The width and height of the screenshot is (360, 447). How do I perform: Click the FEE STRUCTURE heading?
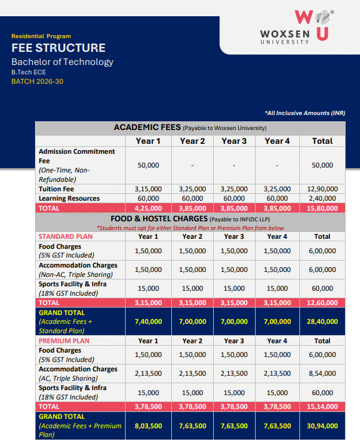pyautogui.click(x=58, y=48)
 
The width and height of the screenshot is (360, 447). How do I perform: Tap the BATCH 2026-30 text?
pyautogui.click(x=37, y=81)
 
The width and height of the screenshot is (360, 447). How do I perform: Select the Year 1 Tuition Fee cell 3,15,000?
pyautogui.click(x=148, y=189)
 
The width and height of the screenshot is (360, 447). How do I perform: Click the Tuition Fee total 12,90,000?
pyautogui.click(x=322, y=189)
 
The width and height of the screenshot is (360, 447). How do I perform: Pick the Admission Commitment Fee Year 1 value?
pyautogui.click(x=148, y=165)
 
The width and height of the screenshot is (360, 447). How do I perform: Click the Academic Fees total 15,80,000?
pyautogui.click(x=322, y=208)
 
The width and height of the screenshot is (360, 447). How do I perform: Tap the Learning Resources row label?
pyautogui.click(x=69, y=198)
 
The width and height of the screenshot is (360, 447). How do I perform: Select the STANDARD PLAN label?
pyautogui.click(x=66, y=237)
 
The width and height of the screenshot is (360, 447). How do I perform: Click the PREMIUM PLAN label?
pyautogui.click(x=64, y=341)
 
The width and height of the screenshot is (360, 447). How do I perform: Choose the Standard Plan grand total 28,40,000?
pyautogui.click(x=322, y=322)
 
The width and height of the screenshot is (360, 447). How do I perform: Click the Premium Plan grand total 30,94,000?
pyautogui.click(x=322, y=426)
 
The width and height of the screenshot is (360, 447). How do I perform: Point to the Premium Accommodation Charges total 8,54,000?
pyautogui.click(x=322, y=373)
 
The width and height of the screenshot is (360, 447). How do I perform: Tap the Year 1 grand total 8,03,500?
pyautogui.click(x=148, y=426)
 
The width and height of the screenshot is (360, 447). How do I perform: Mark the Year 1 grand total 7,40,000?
pyautogui.click(x=148, y=322)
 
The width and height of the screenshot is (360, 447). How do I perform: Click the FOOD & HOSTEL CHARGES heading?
pyautogui.click(x=159, y=219)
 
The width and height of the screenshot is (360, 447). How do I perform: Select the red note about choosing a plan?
pyautogui.click(x=190, y=228)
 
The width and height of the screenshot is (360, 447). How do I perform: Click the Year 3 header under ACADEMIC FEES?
pyautogui.click(x=233, y=141)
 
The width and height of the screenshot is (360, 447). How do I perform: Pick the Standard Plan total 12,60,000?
pyautogui.click(x=322, y=303)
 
